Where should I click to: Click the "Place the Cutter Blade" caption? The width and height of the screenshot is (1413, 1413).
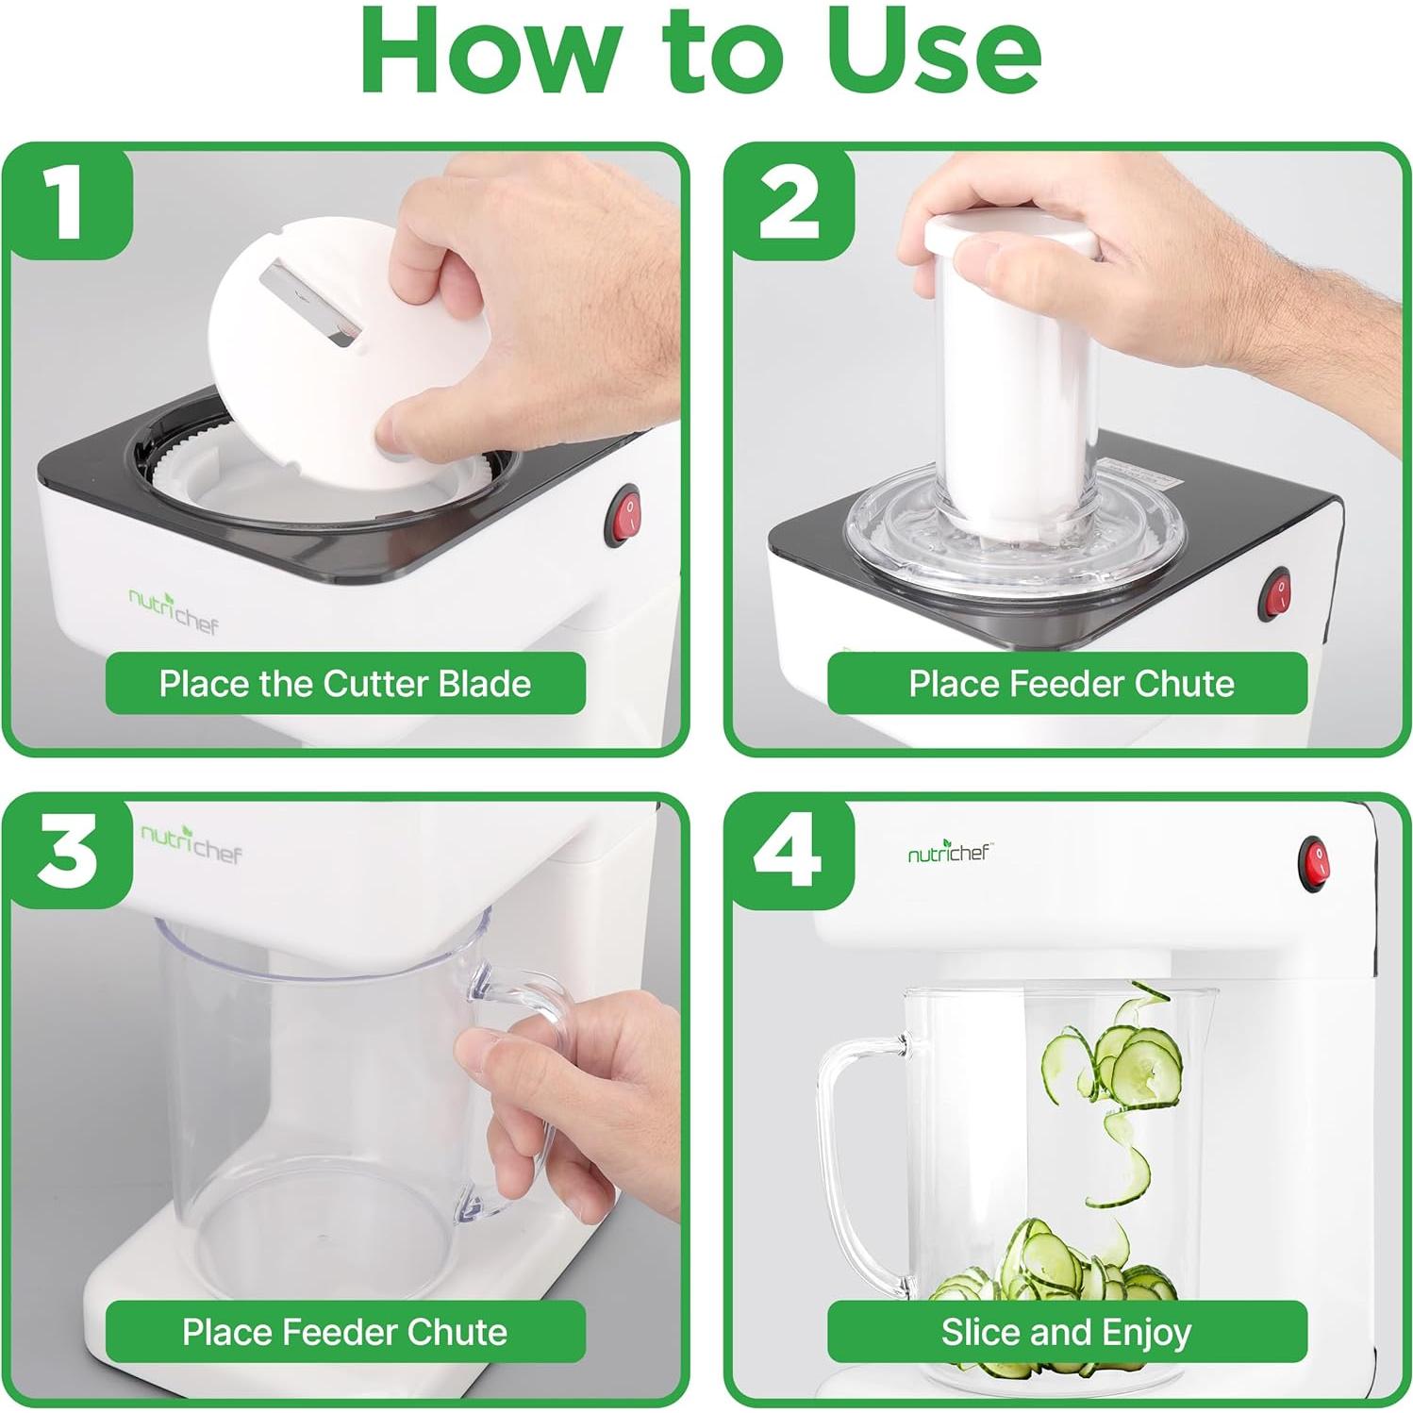coord(345,684)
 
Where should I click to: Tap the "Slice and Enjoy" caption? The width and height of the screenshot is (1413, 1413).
coord(1067,1333)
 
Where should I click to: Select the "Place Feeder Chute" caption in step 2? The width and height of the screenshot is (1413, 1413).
coord(1071,684)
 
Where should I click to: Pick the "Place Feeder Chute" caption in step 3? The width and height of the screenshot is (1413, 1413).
coord(345,1333)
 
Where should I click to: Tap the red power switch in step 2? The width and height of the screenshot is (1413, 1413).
coord(1278,593)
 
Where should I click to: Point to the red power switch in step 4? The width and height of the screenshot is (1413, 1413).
coord(1314,863)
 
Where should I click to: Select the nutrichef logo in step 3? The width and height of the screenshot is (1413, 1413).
coord(191,842)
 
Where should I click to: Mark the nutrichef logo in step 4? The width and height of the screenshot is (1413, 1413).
coord(949,853)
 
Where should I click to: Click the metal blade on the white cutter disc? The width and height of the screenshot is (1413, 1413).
coord(311,301)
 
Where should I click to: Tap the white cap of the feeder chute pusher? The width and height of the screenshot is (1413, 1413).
coord(1011,235)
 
